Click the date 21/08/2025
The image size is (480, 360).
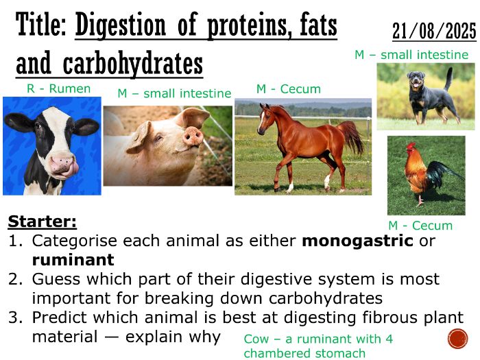tap(433, 31)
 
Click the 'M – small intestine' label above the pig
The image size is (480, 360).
tap(174, 93)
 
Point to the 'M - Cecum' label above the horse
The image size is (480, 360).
tap(288, 89)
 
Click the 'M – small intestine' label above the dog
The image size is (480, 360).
tap(411, 55)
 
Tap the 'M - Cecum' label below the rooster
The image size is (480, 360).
tap(420, 226)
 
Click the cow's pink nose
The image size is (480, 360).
tap(62, 164)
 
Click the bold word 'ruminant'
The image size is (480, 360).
tap(73, 261)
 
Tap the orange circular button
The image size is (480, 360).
tap(457, 338)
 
